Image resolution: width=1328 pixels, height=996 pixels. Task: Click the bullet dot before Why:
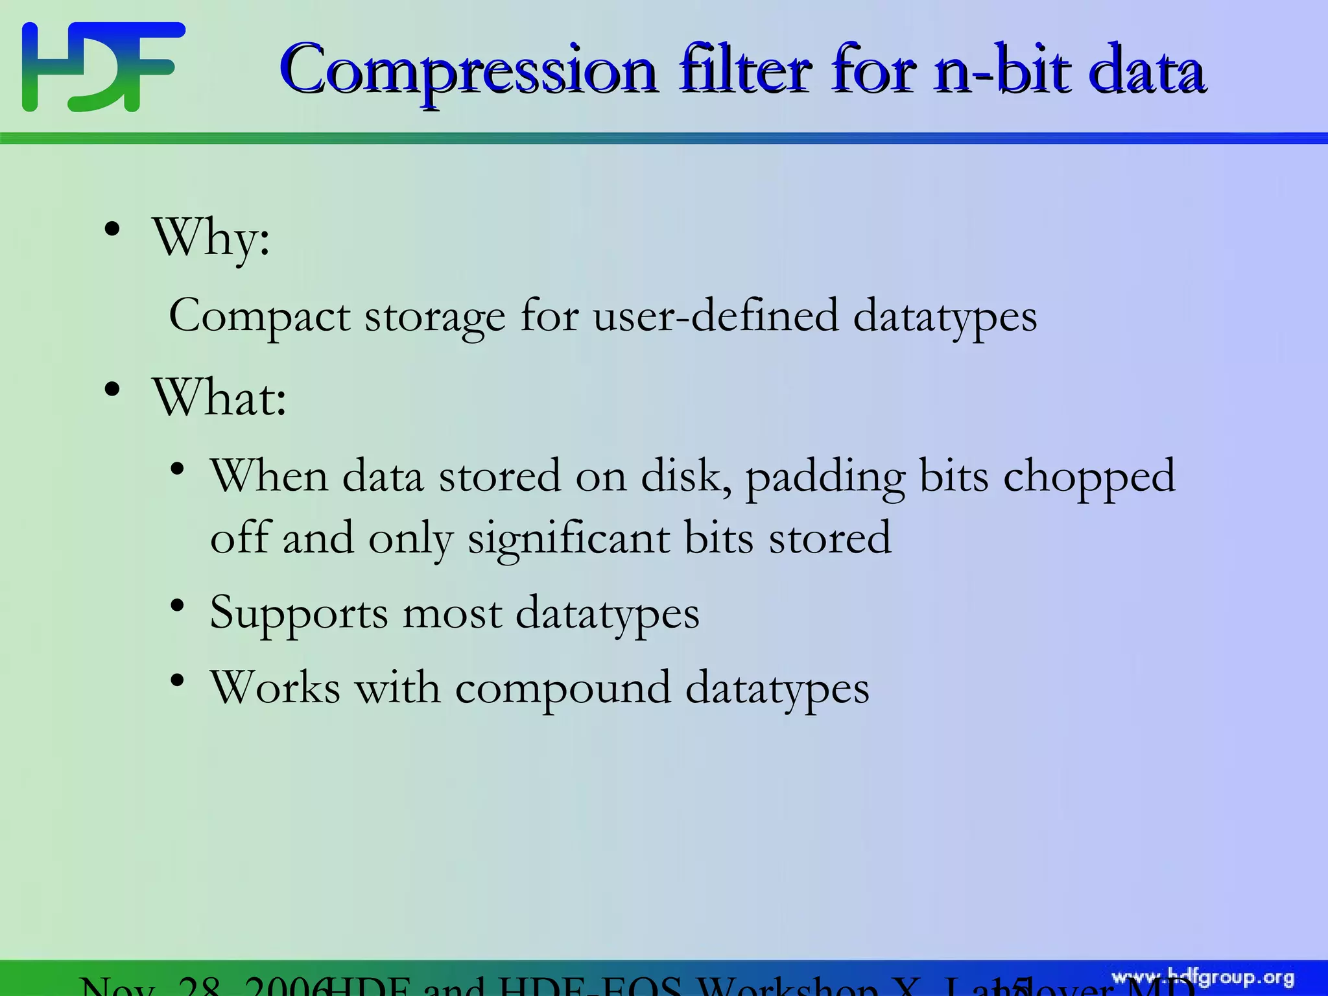tap(112, 230)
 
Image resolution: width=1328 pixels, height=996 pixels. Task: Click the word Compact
tap(259, 316)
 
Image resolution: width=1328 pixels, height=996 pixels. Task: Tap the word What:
tap(219, 397)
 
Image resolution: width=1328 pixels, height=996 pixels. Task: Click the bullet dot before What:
tap(112, 390)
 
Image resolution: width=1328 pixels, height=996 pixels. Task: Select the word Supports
tap(299, 613)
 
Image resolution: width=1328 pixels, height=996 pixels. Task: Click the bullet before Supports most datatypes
tap(178, 606)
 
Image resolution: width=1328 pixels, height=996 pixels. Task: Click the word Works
tap(275, 687)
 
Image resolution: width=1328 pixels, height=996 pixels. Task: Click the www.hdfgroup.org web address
tap(1203, 978)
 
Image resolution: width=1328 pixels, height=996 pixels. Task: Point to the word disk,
tap(687, 477)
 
